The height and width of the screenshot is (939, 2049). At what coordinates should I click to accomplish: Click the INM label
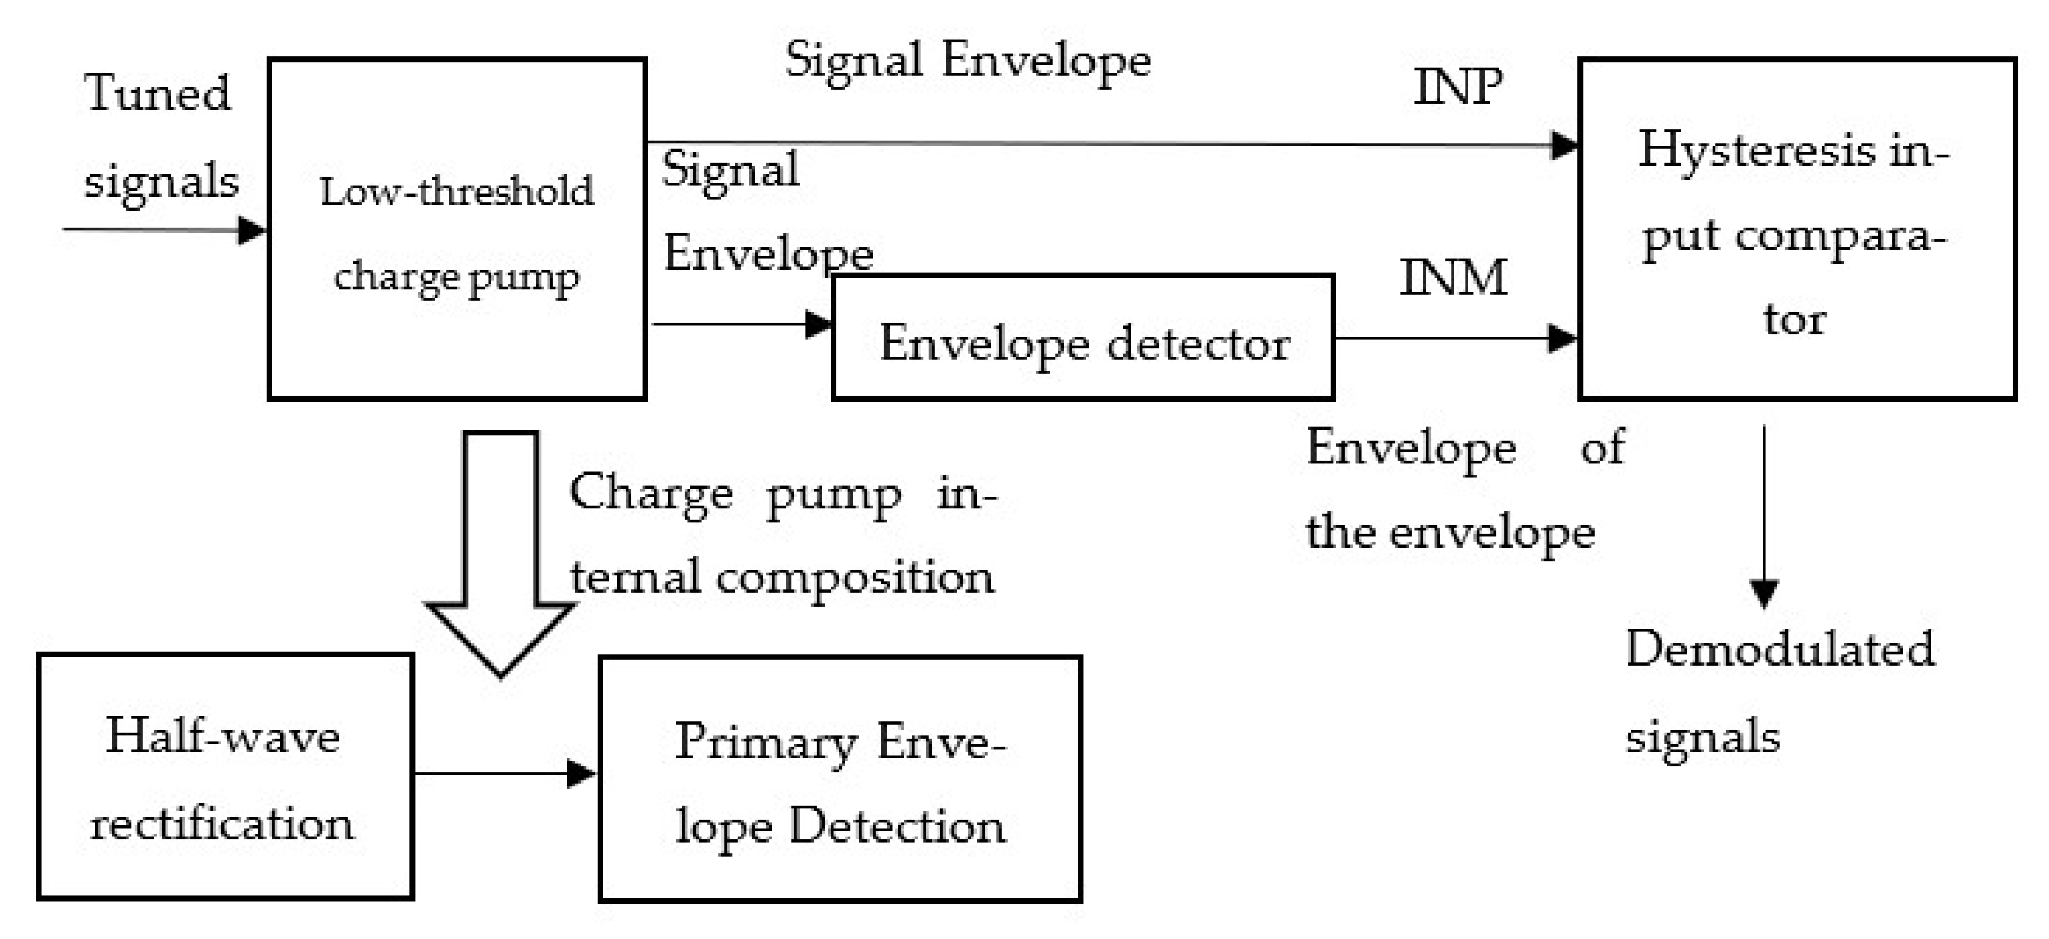pyautogui.click(x=1453, y=278)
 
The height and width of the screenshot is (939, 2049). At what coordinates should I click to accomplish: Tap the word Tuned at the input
pyautogui.click(x=157, y=93)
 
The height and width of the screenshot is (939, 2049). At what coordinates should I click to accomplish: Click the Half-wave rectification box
pyautogui.click(x=225, y=777)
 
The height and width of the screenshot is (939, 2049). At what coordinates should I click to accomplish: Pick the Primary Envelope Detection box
pyautogui.click(x=840, y=779)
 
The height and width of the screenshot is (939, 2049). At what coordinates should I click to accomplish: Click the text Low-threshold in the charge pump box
pyautogui.click(x=456, y=192)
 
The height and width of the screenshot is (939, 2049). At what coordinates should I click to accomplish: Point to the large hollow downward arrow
pyautogui.click(x=501, y=557)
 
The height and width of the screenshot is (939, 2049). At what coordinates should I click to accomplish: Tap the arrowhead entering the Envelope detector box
pyautogui.click(x=817, y=324)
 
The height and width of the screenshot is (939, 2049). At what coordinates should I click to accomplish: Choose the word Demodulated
pyautogui.click(x=1780, y=650)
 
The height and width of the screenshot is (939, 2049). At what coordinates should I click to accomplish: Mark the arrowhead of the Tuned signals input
pyautogui.click(x=252, y=230)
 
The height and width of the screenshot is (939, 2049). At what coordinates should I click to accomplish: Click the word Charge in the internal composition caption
pyautogui.click(x=651, y=494)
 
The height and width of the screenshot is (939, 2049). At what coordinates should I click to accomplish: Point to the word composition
pyautogui.click(x=854, y=578)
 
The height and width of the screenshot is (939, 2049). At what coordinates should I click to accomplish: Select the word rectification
pyautogui.click(x=222, y=824)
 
